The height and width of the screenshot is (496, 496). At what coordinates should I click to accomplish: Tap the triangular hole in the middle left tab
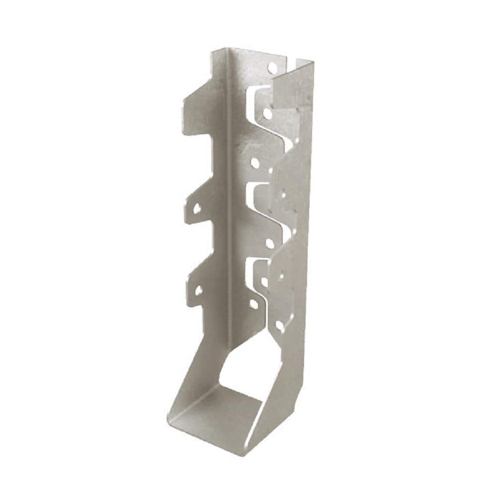[x=197, y=208]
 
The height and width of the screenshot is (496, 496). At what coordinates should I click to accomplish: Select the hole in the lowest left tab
[x=199, y=289]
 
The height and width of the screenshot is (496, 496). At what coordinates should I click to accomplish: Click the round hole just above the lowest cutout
[x=269, y=243]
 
